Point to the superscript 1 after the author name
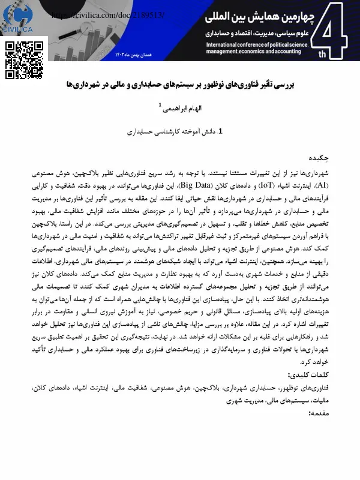tap(160, 106)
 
